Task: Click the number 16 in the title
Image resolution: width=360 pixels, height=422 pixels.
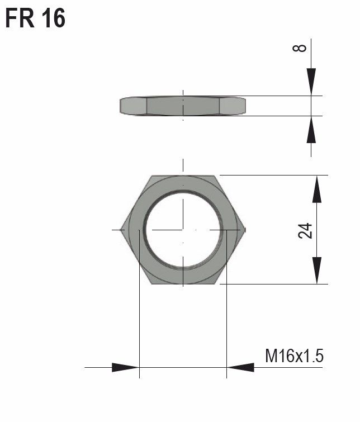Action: coord(52,18)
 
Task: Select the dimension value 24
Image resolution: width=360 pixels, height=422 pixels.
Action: coord(305,230)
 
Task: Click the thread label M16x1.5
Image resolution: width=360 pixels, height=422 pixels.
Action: coord(294,355)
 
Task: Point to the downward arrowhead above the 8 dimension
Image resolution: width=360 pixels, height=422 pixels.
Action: coord(311,80)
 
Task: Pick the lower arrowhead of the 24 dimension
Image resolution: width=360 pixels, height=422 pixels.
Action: coord(317,270)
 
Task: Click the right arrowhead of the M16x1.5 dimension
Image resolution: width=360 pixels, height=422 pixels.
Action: coord(240,367)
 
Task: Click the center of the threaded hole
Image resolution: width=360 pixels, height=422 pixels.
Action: coord(183,229)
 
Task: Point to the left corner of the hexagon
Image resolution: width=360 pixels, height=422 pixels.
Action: coord(122,229)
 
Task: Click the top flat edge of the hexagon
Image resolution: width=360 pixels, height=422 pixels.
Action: coord(183,176)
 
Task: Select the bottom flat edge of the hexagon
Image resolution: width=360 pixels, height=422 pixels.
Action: coord(183,283)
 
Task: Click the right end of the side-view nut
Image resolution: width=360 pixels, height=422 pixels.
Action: coord(244,106)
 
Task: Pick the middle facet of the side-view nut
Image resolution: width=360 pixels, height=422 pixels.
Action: coord(183,106)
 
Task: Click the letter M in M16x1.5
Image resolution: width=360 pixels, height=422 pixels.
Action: coord(271,355)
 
